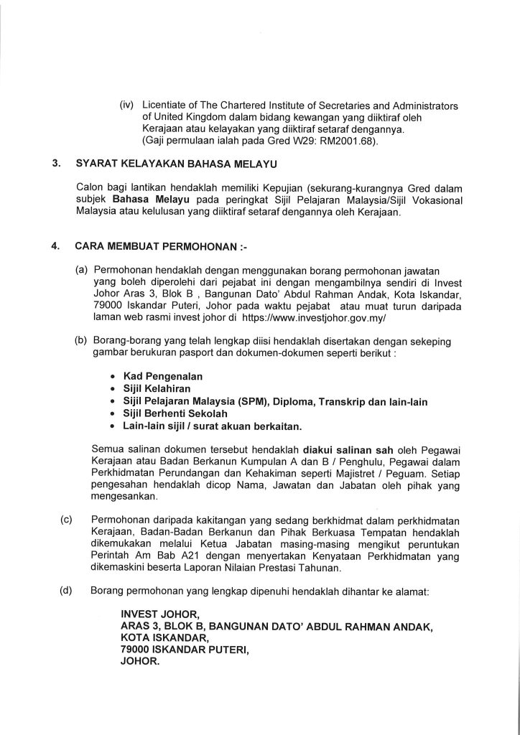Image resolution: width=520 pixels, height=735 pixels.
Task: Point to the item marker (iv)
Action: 129,106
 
